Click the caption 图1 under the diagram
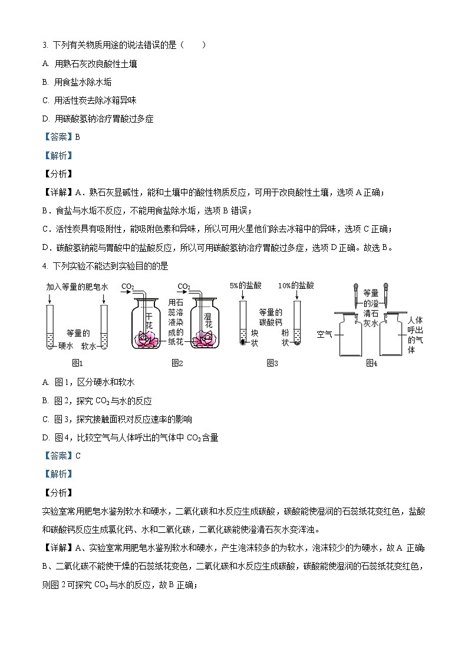[x=77, y=363]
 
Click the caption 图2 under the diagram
[x=177, y=363]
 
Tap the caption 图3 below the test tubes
[x=272, y=363]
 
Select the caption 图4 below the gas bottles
[x=371, y=363]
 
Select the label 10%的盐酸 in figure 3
[x=297, y=285]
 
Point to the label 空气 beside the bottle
[x=325, y=334]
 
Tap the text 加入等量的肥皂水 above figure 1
[x=77, y=286]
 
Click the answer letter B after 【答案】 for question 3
[x=78, y=137]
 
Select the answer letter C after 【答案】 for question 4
[x=78, y=455]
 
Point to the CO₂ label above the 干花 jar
[x=127, y=286]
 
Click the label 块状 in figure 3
[x=255, y=337]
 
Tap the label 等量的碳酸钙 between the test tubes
[x=271, y=317]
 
